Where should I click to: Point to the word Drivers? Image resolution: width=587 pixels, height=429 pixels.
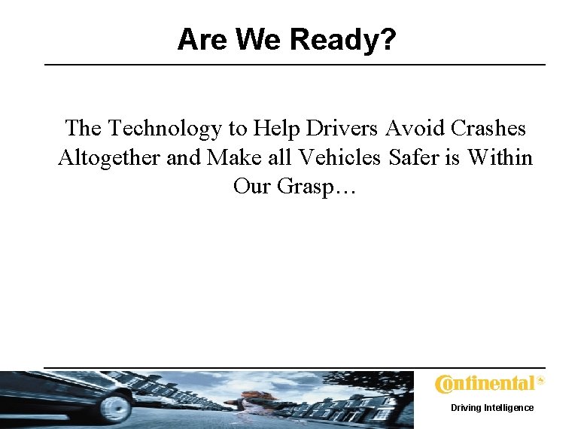341,128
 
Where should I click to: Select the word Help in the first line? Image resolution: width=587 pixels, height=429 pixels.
275,128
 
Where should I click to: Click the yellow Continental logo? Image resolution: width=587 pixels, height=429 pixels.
485,384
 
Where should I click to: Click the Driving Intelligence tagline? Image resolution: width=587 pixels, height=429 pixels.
492,407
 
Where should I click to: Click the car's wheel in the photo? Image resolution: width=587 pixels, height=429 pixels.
117,407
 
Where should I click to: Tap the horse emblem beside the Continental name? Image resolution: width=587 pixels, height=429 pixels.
540,382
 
